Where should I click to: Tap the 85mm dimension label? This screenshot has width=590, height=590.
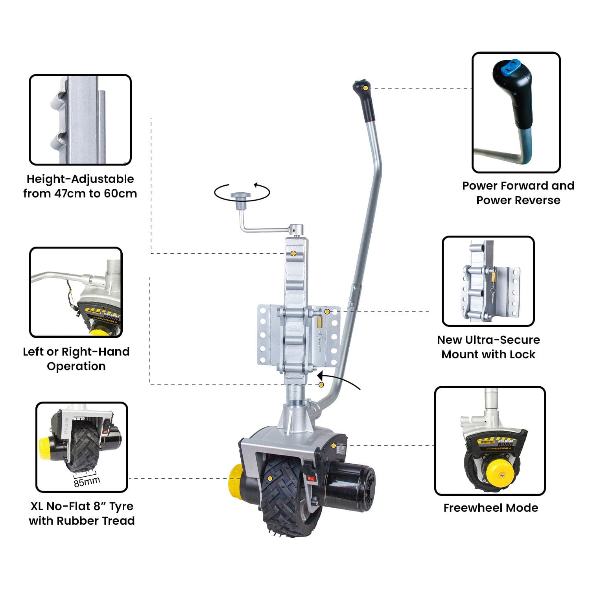[x=87, y=481]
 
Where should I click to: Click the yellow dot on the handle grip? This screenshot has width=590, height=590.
[x=365, y=88]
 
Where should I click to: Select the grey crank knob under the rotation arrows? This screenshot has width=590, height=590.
[x=241, y=196]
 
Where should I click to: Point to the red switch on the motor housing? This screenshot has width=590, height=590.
[x=311, y=479]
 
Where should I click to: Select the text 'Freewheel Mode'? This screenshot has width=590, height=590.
[x=490, y=508]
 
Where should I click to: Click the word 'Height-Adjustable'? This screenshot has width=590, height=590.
[x=80, y=179]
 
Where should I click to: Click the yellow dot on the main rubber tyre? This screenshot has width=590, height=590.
[x=270, y=478]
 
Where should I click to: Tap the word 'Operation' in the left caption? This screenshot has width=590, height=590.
[x=76, y=366]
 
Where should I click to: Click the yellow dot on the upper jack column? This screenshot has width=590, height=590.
[x=293, y=254]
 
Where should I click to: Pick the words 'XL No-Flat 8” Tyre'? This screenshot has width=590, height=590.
[x=82, y=506]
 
